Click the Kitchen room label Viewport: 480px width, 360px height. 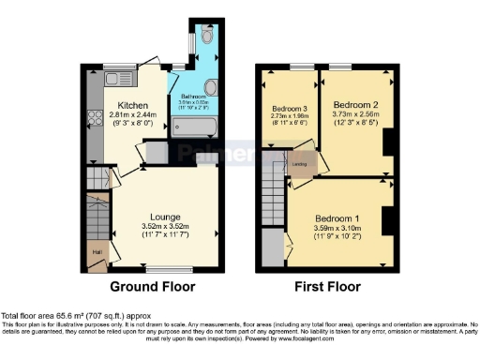click(x=128, y=104)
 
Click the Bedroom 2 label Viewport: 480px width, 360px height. click(x=354, y=102)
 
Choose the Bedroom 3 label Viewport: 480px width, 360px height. click(x=291, y=109)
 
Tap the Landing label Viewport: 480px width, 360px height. click(x=301, y=164)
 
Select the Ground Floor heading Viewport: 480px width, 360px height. click(x=154, y=286)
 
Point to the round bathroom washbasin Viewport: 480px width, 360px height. click(x=210, y=89)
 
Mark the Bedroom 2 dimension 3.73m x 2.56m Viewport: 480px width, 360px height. click(x=355, y=112)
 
